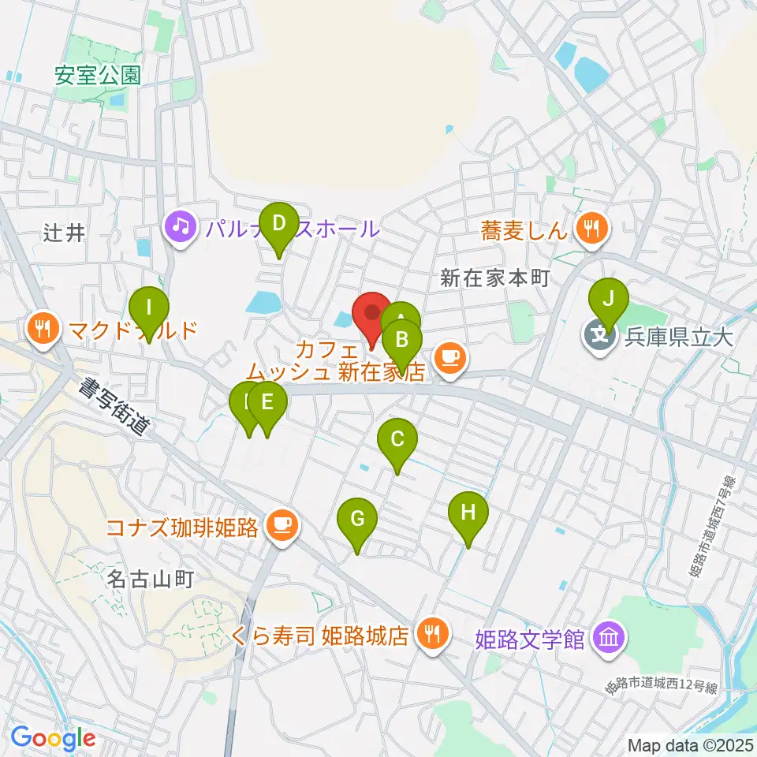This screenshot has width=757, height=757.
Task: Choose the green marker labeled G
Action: [357, 520]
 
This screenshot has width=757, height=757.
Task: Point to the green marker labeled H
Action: [468, 513]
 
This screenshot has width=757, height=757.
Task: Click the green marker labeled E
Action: [267, 404]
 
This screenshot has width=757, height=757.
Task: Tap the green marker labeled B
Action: [402, 341]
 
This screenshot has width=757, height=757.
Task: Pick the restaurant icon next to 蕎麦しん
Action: [591, 230]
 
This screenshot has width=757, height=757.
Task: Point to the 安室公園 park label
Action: [98, 76]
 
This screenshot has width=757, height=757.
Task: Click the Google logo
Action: [54, 738]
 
